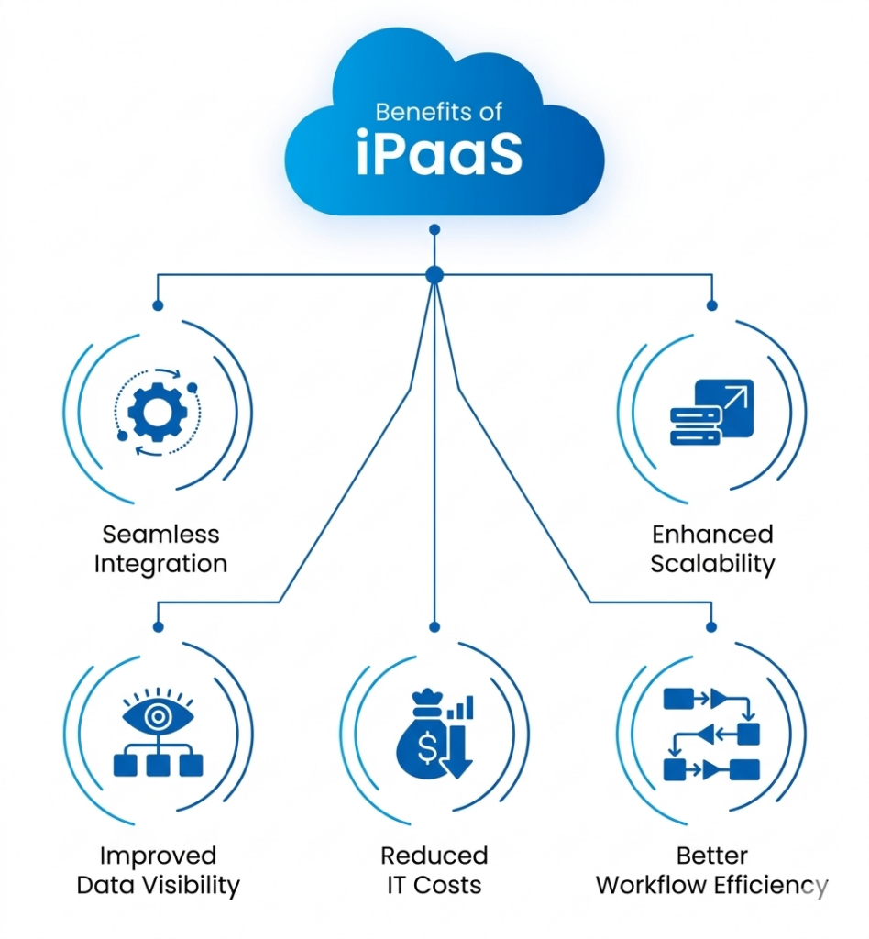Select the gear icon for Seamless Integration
coord(158,412)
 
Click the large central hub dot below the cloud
coord(434,274)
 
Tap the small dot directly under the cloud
coord(434,229)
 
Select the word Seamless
coord(160,534)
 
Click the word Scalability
coord(712,563)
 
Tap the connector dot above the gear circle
coord(158,305)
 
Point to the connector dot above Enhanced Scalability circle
coord(712,305)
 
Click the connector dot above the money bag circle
coord(434,627)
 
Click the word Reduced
coord(434,856)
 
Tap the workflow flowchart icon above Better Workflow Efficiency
coord(711,734)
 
